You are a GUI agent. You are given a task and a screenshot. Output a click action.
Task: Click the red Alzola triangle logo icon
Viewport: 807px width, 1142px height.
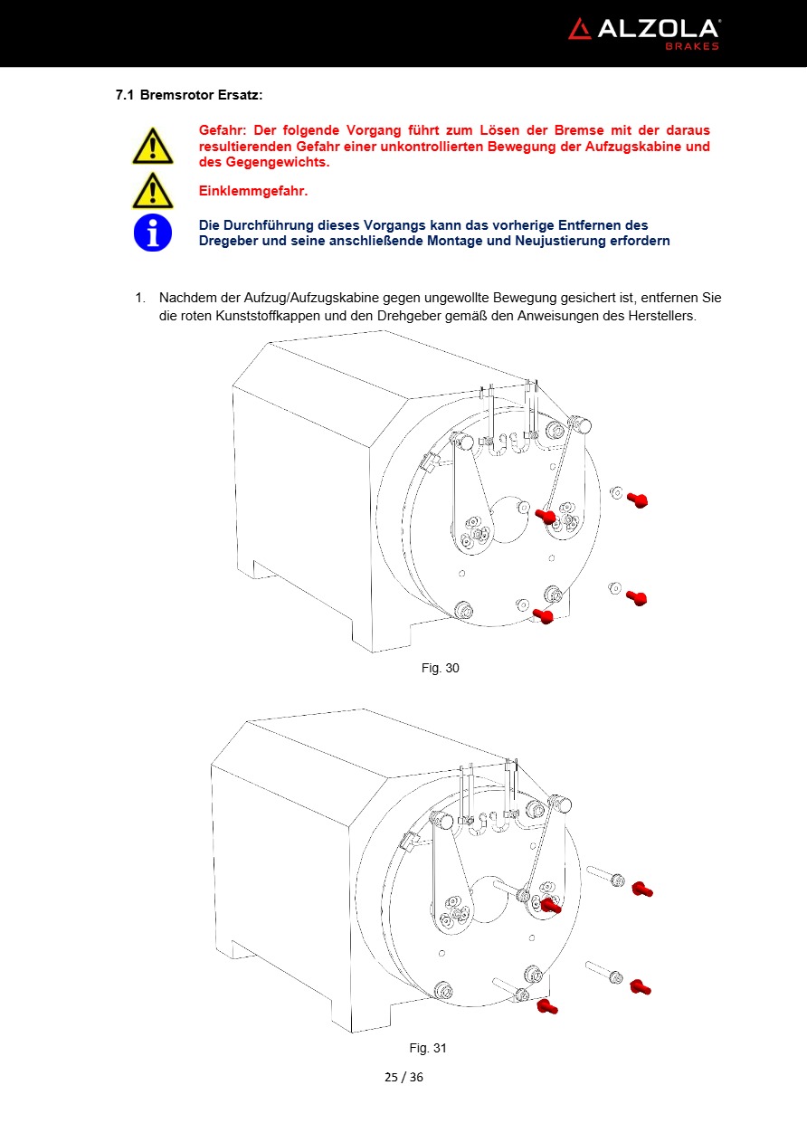[579, 29]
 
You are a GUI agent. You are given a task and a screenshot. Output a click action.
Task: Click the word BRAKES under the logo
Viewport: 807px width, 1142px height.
[692, 46]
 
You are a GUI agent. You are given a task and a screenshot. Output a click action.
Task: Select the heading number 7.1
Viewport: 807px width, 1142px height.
[125, 95]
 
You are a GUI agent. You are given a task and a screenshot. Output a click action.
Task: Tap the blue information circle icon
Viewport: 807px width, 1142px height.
[152, 233]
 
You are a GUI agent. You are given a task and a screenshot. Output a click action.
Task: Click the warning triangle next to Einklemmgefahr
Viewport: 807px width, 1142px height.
[152, 191]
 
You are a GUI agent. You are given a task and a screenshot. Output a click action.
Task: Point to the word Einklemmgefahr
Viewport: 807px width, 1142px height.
[252, 191]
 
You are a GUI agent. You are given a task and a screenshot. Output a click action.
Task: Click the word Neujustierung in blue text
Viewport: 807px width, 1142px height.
[556, 241]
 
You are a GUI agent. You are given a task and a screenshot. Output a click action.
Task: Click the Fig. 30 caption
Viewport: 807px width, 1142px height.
[441, 668]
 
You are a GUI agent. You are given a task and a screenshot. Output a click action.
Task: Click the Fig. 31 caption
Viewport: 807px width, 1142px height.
[428, 1048]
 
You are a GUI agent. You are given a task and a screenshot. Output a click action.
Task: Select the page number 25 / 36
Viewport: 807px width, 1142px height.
[403, 1077]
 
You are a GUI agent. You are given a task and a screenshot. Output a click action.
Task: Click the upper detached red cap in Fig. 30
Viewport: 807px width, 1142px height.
[638, 500]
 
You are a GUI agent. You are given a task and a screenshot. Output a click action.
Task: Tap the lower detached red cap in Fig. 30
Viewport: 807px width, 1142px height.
[637, 598]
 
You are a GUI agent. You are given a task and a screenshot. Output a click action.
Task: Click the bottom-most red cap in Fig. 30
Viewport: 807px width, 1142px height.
[544, 617]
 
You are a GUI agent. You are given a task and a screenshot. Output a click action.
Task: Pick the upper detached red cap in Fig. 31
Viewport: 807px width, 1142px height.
[642, 890]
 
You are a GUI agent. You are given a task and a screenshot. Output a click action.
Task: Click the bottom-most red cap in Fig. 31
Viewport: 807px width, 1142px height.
[546, 1006]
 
